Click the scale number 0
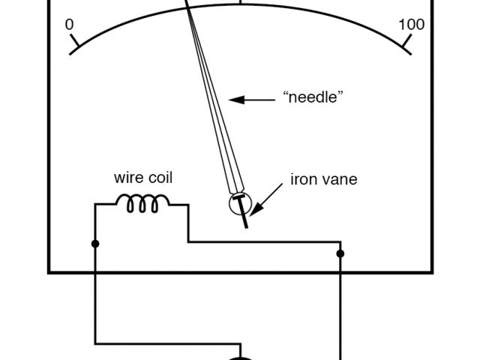pyautogui.click(x=70, y=25)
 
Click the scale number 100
pyautogui.click(x=412, y=25)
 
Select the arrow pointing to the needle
pyautogui.click(x=251, y=98)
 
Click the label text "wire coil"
pyautogui.click(x=142, y=178)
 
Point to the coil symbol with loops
pyautogui.click(x=142, y=202)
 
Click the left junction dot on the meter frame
pyautogui.click(x=95, y=244)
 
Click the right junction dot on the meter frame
pyautogui.click(x=340, y=254)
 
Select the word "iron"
pyautogui.click(x=301, y=179)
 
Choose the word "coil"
pyautogui.click(x=160, y=178)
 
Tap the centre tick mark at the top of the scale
pyautogui.click(x=240, y=2)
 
